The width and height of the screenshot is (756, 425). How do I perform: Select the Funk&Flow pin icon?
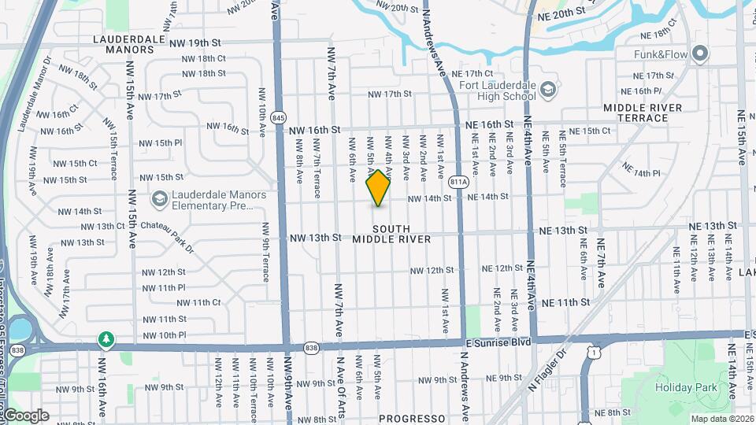(700, 54)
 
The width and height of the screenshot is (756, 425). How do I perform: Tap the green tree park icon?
(106, 339)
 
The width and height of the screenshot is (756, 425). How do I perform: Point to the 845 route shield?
(277, 117)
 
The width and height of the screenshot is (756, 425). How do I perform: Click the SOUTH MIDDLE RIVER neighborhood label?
(391, 233)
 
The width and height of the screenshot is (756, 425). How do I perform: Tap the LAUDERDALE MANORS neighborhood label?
(124, 43)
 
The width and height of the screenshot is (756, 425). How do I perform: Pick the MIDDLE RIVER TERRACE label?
(647, 113)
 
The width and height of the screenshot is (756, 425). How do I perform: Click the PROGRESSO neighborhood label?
(412, 419)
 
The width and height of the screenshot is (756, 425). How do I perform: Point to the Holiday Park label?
(686, 386)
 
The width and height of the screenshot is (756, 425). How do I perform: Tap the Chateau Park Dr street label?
(167, 237)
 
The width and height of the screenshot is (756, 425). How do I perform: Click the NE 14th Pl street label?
(640, 171)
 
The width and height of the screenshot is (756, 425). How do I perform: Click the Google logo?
(25, 416)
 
